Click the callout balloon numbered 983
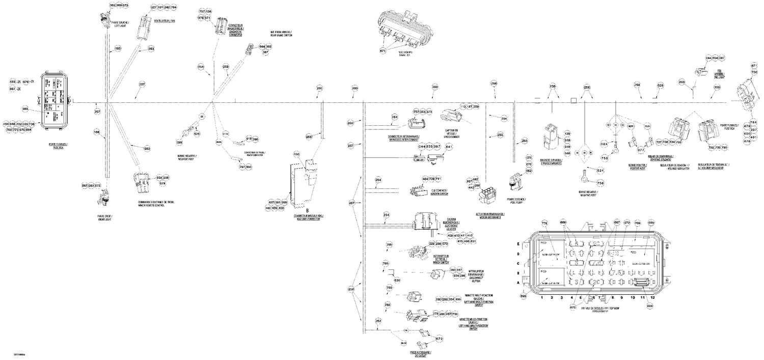[25, 109]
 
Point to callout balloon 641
[449, 147]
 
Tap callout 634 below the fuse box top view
[649, 306]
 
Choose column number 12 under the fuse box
[652, 297]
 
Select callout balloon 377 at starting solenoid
[641, 150]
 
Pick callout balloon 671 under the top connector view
[383, 51]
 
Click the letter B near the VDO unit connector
[307, 209]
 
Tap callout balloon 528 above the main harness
[660, 85]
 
